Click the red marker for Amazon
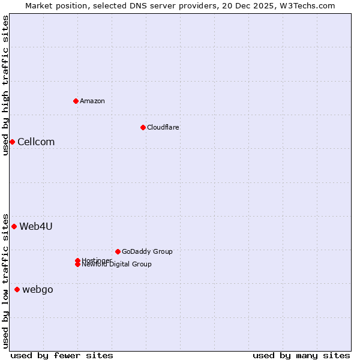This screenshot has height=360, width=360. pos(76,101)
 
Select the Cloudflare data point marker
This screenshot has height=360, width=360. pos(143,127)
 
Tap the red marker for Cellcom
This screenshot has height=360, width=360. pos(12,142)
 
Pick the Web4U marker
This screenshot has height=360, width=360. pos(14,226)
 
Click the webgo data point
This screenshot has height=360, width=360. pos(17,290)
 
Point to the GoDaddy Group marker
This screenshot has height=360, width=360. pos(118,251)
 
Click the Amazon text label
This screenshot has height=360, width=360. pos(92,101)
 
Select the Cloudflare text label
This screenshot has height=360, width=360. pos(163,127)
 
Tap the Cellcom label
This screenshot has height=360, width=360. pos(36,142)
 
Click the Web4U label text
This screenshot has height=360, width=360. pos(36,226)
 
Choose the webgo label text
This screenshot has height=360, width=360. pos(38,290)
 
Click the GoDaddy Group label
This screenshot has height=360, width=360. pos(147,251)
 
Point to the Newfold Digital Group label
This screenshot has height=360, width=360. pos(117,265)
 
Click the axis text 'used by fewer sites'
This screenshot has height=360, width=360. pos(62,355)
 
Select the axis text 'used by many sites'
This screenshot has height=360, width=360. pos(301,355)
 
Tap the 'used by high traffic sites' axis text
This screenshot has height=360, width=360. pos(5,85)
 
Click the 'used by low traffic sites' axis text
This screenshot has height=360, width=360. pos(5,280)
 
